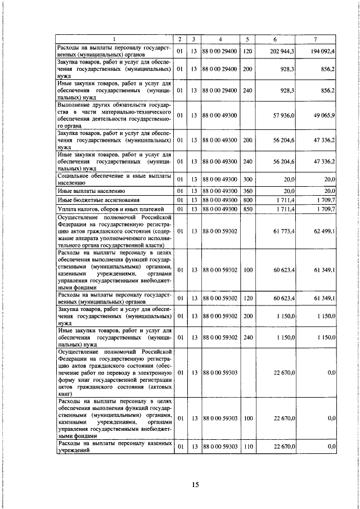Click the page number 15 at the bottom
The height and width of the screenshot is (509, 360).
(179, 484)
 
